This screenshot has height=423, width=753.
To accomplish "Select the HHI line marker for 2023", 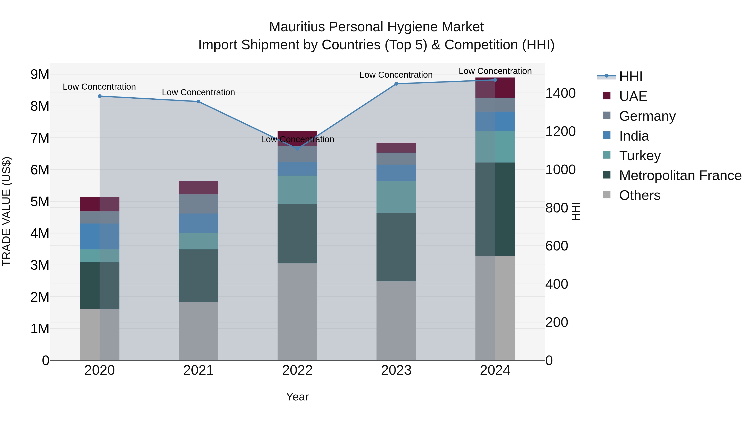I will [396, 84].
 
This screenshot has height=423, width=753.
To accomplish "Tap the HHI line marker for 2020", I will [100, 96].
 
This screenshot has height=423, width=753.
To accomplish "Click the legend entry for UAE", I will [633, 96].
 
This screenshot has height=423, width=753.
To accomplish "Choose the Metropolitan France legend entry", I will [680, 175].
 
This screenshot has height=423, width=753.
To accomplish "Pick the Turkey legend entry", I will [640, 156].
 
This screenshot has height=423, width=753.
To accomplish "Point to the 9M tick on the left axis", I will [40, 74].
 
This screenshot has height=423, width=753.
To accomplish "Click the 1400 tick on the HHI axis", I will [560, 93].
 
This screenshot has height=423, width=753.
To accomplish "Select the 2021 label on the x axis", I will [198, 370].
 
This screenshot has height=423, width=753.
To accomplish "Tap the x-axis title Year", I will [297, 397].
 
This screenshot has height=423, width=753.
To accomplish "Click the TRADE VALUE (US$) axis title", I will [7, 211].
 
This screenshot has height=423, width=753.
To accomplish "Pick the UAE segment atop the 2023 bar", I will [396, 148].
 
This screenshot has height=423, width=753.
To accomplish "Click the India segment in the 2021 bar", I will [198, 223].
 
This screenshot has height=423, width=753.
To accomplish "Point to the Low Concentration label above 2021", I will [198, 93].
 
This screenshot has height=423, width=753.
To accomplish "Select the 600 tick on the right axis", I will [557, 246].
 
